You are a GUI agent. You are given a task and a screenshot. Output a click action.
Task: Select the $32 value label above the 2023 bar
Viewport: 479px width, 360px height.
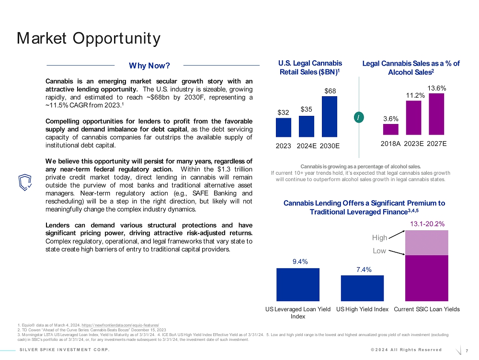[x=283, y=112]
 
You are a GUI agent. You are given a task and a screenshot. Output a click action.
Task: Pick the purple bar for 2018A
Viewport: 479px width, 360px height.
[x=390, y=129]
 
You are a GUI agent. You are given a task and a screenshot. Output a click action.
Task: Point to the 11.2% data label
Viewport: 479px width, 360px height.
[x=413, y=95]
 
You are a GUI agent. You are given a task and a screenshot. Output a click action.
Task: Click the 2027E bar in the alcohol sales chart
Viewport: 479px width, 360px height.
[x=436, y=114]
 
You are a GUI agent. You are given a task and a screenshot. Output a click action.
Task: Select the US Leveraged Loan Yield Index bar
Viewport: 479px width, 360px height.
[x=298, y=284]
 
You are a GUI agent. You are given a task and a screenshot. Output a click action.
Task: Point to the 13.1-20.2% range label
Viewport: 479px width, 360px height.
[x=427, y=224]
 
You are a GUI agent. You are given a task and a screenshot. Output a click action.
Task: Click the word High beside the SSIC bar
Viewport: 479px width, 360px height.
[x=379, y=237]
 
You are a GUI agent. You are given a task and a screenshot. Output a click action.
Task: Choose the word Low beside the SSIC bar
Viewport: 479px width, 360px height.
[x=379, y=250]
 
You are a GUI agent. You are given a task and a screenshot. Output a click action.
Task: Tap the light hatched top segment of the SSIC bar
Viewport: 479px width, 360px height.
[x=427, y=243]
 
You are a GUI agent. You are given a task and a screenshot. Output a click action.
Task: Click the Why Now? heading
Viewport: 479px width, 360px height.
[x=149, y=65]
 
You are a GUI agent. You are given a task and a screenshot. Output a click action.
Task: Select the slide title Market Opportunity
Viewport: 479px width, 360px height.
[x=88, y=38]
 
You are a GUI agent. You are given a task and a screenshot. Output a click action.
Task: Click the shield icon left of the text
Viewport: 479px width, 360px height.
[x=24, y=181]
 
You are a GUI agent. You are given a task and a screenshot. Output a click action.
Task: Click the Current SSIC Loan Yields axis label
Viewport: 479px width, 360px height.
[x=426, y=309]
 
